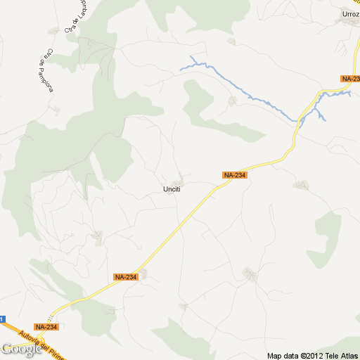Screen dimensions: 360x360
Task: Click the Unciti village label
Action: coord(172,189)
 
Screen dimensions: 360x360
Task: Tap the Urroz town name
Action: coord(350,13)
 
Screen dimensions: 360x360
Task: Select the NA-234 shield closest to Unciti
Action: coord(235,175)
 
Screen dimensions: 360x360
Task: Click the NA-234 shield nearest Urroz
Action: coord(350,79)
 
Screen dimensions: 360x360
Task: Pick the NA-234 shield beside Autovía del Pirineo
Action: coord(46,327)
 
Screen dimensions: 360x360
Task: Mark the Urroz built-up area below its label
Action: coord(348,22)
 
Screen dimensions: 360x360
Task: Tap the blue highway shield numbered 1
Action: coord(2,319)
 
